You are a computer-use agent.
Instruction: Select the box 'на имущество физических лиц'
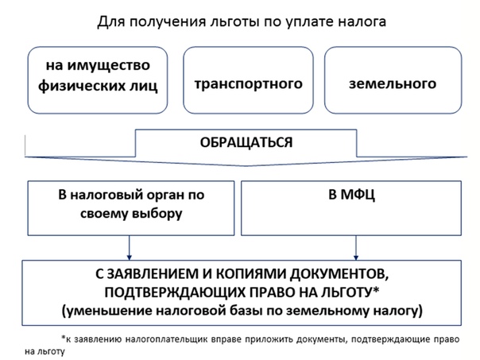[x=97, y=80]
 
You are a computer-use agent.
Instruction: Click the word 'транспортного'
[x=248, y=83]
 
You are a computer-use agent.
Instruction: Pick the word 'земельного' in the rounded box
[x=393, y=83]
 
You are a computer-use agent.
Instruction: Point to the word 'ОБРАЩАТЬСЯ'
[x=246, y=143]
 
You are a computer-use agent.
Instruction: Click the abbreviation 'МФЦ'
[x=358, y=195]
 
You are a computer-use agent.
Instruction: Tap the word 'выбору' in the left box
[x=157, y=214]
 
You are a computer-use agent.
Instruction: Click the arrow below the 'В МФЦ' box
[x=356, y=248]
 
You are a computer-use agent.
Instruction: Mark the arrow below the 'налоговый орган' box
[x=130, y=248]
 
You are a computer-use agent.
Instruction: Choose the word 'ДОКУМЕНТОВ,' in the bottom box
[x=339, y=274]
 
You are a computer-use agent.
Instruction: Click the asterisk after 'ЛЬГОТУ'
[x=376, y=289]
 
